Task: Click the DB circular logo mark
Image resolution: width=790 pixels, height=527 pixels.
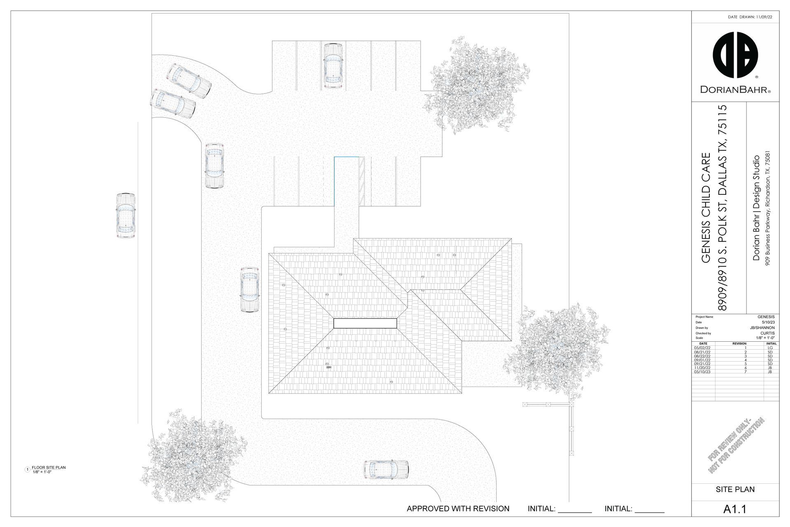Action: point(735,55)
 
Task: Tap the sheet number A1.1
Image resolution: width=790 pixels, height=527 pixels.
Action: point(735,509)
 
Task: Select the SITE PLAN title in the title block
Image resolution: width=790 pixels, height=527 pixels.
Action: point(735,490)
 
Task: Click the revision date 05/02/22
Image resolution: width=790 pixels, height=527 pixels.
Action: point(702,348)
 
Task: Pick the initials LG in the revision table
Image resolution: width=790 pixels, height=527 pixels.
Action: point(770,348)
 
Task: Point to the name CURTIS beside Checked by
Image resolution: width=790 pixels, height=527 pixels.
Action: point(767,333)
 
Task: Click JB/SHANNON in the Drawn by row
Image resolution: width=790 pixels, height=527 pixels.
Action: point(762,328)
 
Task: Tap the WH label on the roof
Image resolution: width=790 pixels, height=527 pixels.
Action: point(329,367)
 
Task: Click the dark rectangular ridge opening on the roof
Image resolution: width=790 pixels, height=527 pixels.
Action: point(365,323)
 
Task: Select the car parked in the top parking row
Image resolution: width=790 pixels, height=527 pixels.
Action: point(333,66)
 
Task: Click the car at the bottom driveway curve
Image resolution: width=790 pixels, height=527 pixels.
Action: point(386,470)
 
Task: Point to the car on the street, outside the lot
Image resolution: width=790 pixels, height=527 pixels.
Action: point(125,215)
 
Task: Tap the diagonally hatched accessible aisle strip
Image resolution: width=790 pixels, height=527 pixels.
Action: point(362,181)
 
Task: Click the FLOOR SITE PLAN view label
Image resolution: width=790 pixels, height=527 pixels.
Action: point(49,467)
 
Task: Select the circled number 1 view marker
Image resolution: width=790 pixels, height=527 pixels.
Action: point(28,469)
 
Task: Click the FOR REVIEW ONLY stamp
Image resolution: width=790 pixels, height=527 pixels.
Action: point(736,445)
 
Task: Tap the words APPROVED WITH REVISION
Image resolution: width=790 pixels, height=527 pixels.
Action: point(458,509)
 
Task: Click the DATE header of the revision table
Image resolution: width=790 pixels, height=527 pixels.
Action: point(703,343)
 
